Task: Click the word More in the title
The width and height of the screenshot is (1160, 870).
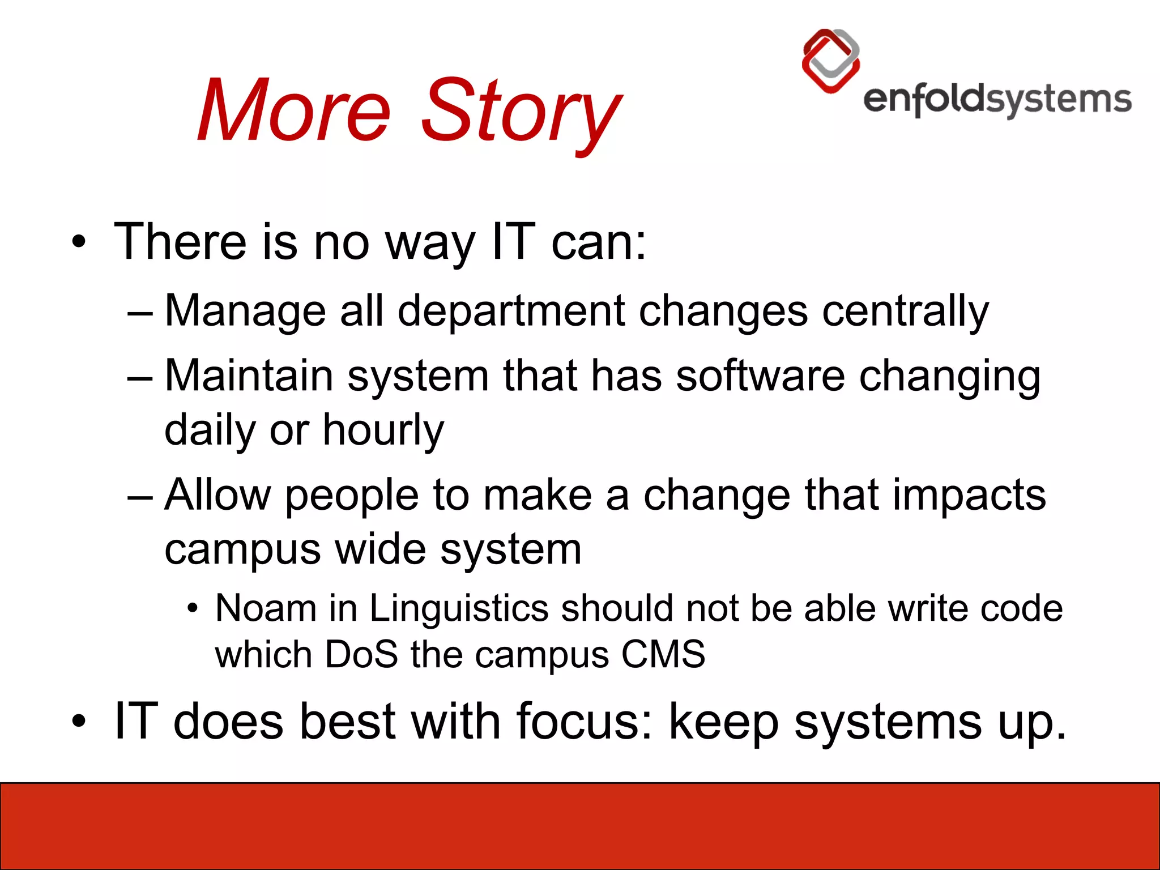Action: [295, 110]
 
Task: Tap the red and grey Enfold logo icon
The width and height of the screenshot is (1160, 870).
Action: [831, 61]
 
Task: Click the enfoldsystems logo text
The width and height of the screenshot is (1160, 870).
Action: [997, 100]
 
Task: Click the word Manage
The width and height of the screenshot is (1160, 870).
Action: [245, 311]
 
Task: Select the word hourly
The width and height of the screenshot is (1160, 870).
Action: [383, 430]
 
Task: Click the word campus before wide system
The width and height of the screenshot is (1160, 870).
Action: [242, 549]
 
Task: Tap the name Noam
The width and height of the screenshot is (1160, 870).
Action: [266, 608]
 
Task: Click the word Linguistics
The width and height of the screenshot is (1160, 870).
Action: [459, 608]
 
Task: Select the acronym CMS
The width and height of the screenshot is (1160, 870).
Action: [663, 655]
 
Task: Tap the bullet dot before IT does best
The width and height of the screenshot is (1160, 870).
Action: [79, 722]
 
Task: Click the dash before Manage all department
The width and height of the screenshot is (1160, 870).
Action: [140, 313]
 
